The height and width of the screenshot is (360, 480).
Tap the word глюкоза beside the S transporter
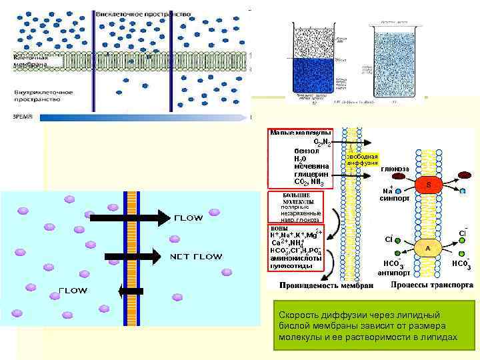(395, 169)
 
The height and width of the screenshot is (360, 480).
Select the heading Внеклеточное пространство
(143, 13)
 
